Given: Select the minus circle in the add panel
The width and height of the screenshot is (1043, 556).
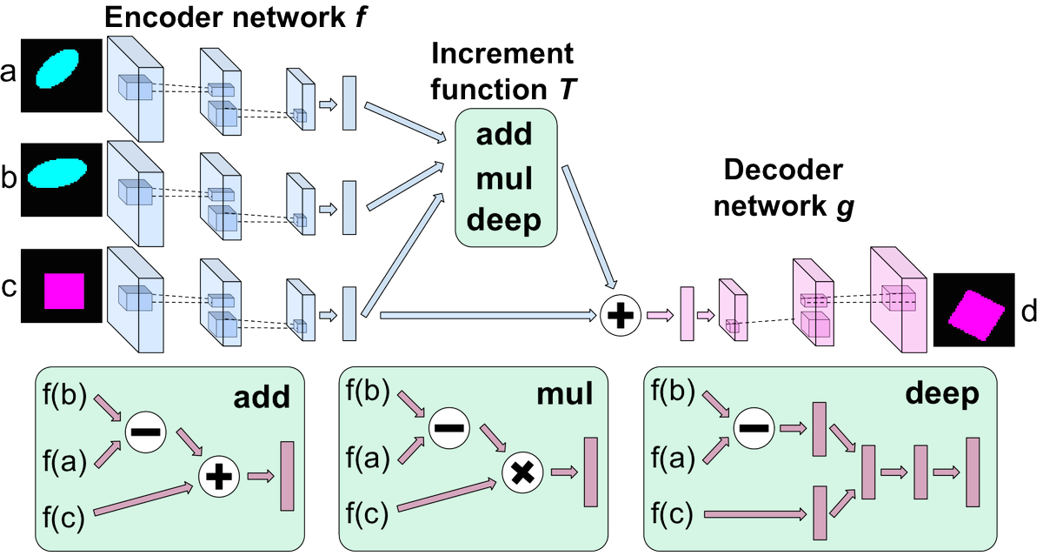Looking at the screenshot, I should click(145, 430).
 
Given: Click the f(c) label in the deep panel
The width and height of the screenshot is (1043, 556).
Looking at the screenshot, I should click(673, 516).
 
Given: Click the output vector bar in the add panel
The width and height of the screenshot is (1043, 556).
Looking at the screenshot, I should click(288, 476).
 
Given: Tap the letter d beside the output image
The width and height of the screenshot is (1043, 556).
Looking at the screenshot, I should click(1028, 309).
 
